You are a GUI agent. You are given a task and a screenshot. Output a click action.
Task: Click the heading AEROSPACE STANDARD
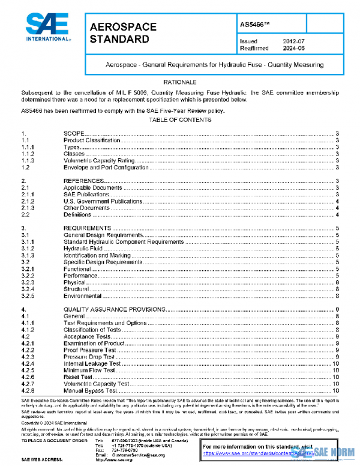point(123,34)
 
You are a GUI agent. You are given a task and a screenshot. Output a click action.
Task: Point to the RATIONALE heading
point(180,81)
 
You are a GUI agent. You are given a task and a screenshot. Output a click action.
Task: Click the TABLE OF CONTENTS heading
point(180,120)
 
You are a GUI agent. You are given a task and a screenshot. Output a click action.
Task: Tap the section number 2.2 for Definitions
point(26,215)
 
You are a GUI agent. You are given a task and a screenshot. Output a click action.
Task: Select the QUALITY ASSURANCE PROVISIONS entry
point(114,309)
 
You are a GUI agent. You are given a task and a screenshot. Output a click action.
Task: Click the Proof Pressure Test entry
point(89,349)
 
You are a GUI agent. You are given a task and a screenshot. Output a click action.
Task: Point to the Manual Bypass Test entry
point(89,390)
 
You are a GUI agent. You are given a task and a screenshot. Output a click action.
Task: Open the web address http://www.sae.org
point(116,461)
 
